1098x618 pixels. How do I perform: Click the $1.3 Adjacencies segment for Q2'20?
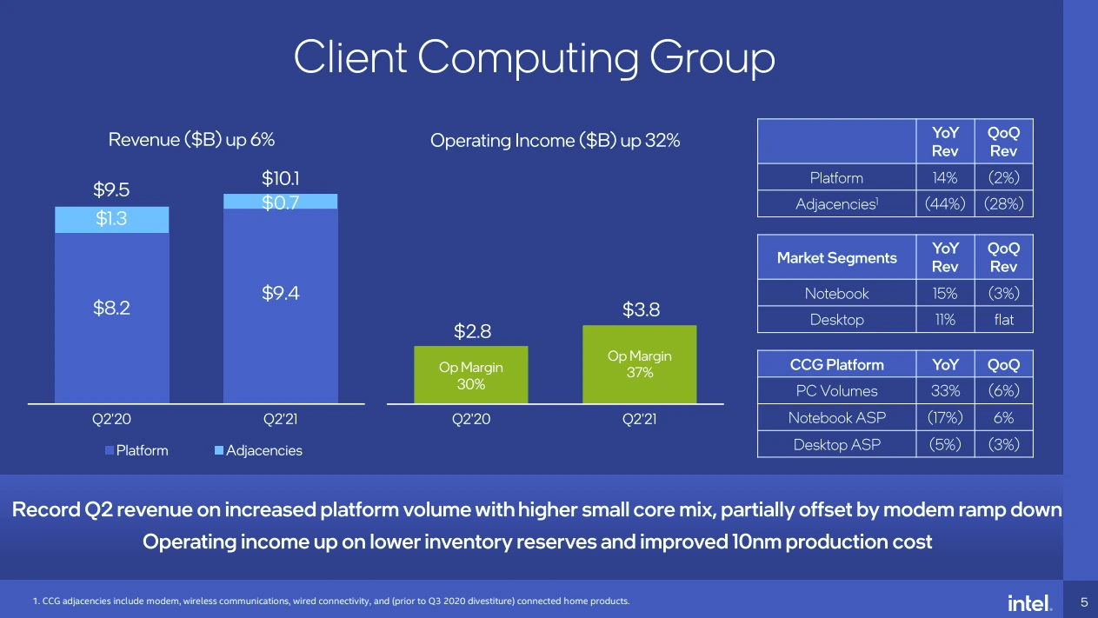[x=112, y=220]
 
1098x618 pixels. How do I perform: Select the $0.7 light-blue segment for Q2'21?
[x=281, y=202]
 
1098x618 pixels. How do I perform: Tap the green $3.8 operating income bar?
[x=640, y=364]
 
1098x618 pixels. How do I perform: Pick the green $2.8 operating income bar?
[x=471, y=375]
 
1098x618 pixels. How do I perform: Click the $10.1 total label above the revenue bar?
[x=281, y=178]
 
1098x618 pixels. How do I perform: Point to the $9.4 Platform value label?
[x=281, y=293]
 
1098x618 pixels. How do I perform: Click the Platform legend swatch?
[x=110, y=450]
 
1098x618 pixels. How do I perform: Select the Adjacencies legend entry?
[x=259, y=450]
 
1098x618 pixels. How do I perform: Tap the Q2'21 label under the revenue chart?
[x=281, y=419]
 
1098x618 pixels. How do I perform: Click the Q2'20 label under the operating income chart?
[x=471, y=419]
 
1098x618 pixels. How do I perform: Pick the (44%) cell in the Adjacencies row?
[x=945, y=203]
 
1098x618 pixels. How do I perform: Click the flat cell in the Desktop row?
[x=1004, y=320]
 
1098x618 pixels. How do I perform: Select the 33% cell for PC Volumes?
[x=945, y=390]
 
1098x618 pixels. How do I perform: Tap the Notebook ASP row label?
[x=836, y=417]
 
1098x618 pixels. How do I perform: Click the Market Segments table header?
[x=836, y=258]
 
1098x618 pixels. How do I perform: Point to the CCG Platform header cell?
[x=836, y=364]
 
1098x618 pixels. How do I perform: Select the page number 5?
[x=1084, y=602]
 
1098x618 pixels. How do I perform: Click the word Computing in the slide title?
[x=528, y=58]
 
